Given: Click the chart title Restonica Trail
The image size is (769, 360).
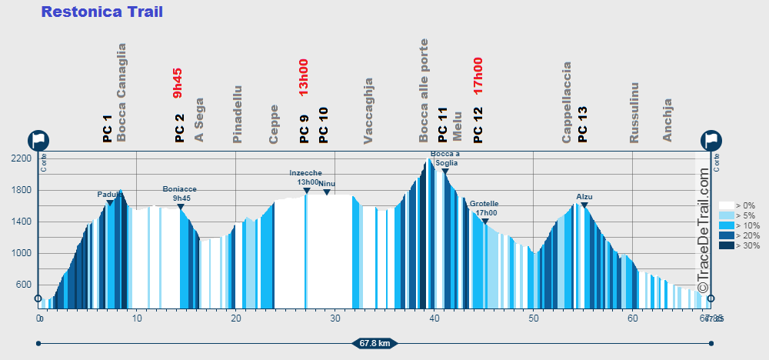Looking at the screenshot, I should tap(102, 12).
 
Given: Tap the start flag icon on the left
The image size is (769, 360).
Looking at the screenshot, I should tap(38, 141).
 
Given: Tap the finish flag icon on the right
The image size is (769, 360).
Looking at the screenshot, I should tap(711, 141).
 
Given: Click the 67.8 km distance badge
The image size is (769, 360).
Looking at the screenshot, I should tap(375, 343).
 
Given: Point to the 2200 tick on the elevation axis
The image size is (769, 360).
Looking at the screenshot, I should tap(22, 158).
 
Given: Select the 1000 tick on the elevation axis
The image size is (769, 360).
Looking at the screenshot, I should tap(22, 253).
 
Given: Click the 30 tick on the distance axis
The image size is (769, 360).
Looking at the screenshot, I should tap(335, 317).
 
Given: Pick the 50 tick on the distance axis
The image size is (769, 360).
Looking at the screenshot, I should tap(533, 317).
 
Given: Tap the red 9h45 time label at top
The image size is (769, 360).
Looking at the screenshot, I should tap(178, 83).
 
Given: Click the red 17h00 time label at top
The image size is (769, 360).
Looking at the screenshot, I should tap(478, 76).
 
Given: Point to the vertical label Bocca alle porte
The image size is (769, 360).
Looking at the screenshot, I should tap(424, 90).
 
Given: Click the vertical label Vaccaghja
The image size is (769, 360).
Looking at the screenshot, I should tap(368, 110).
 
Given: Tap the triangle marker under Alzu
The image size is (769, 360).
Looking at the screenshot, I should tap(584, 205).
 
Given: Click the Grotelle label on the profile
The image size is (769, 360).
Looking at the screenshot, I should tap(484, 204).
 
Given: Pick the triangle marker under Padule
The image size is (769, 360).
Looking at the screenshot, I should tap(110, 203).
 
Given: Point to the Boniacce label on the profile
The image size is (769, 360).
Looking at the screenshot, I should tap(180, 188).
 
